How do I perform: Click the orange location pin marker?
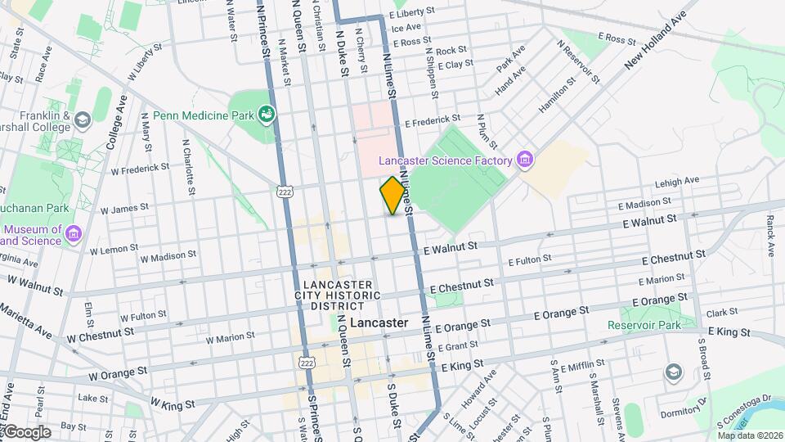pos(392,195)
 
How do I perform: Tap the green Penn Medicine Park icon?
pos(267,115)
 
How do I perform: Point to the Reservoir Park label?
pos(644,325)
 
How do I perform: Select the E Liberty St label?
pos(412,14)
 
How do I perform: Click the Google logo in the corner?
pos(26,432)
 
